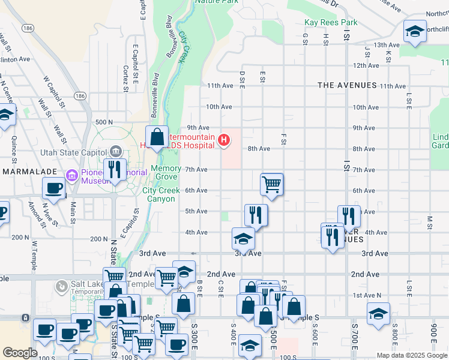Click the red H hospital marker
click(224, 141)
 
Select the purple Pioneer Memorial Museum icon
click(72, 175)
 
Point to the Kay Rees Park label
click(331, 22)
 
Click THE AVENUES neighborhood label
click(347, 86)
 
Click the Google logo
click(20, 353)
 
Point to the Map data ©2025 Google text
click(411, 355)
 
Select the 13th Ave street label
click(386, 45)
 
